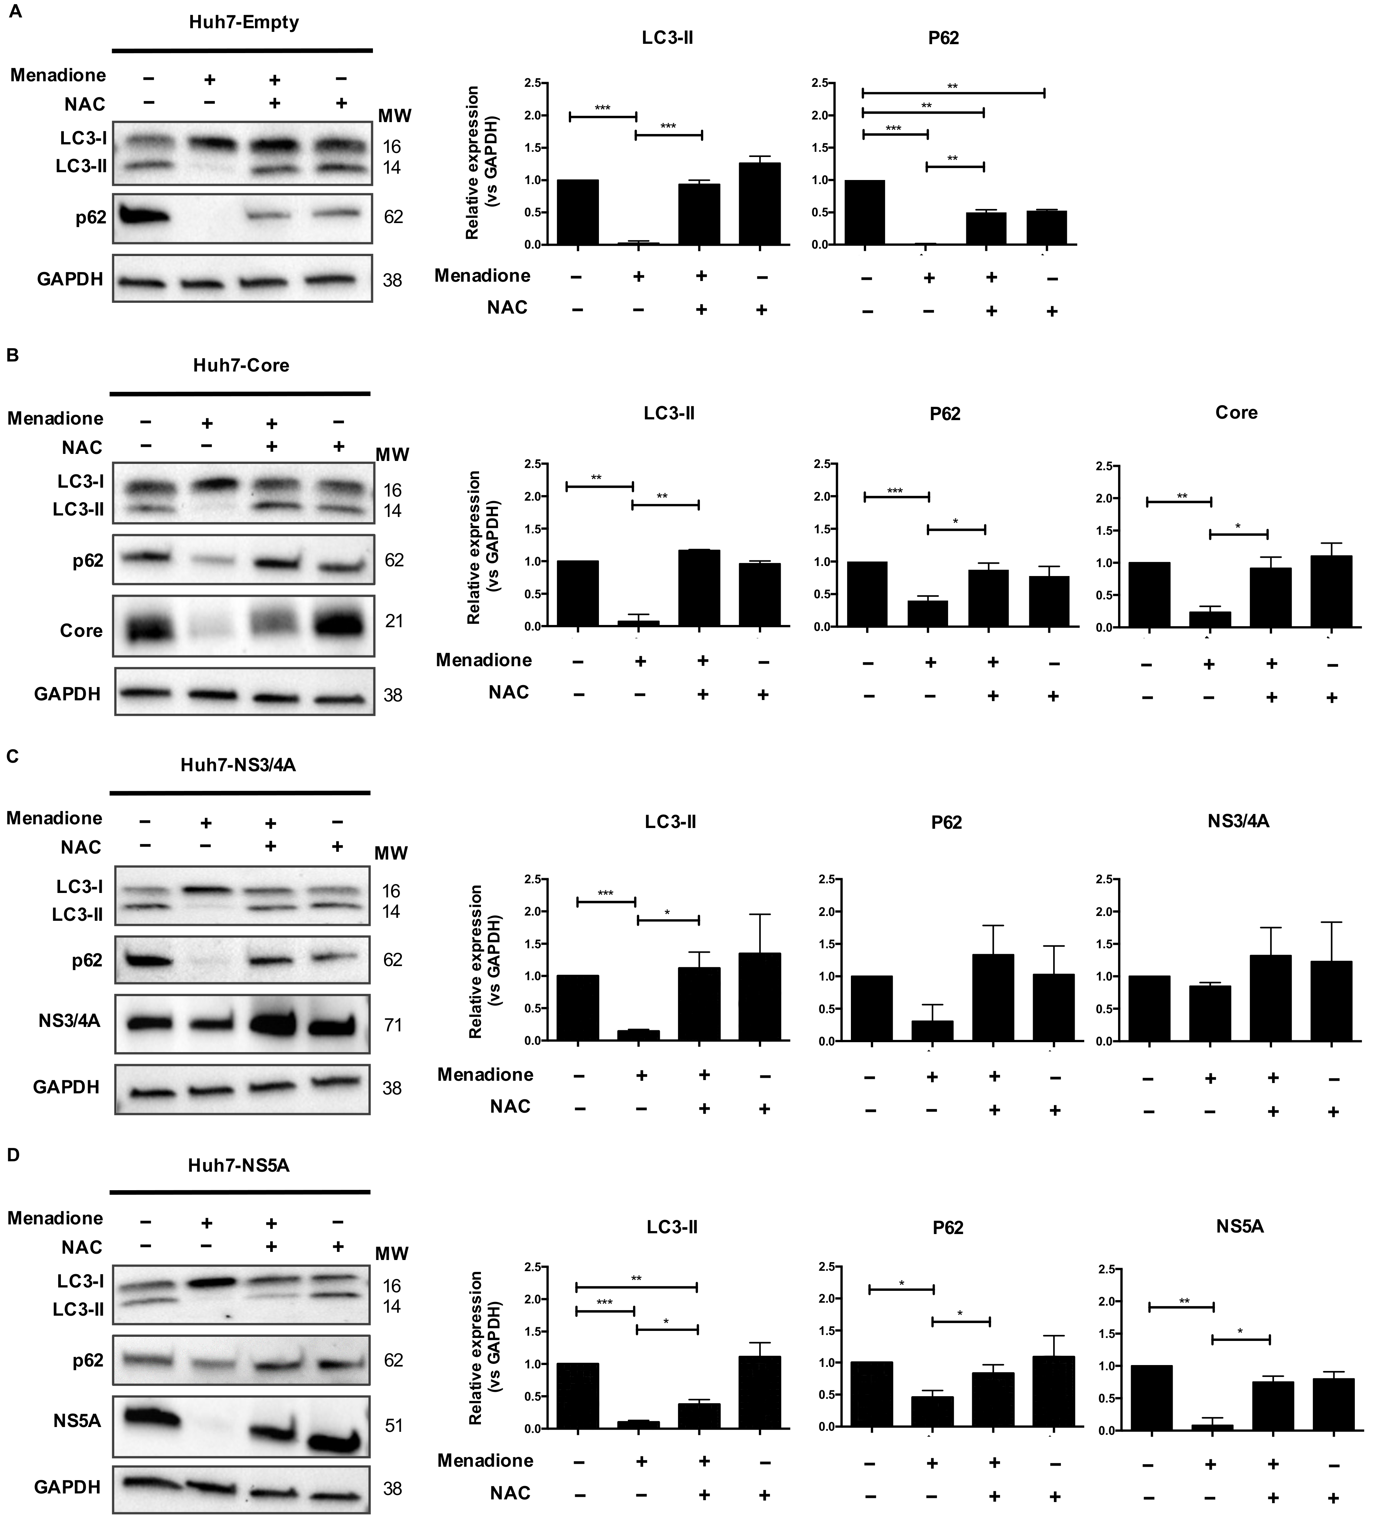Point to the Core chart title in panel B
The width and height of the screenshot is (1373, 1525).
click(x=1236, y=413)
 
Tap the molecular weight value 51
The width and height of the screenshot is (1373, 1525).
click(x=393, y=1426)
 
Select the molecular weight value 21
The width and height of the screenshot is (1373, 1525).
click(x=394, y=621)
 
